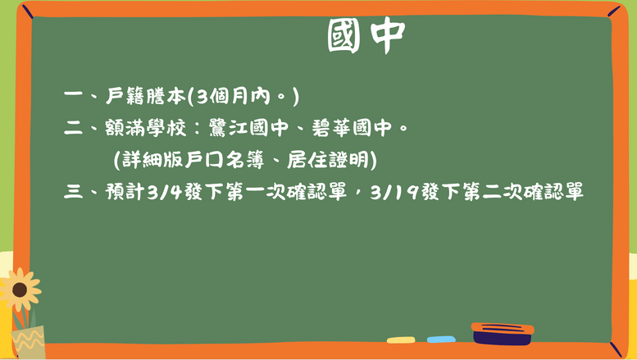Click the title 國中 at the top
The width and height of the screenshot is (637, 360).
pos(366,35)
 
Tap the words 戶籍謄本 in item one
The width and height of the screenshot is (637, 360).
pos(145,96)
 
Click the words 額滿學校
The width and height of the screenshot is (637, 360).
pos(145,128)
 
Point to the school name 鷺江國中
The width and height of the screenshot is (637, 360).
pos(248,128)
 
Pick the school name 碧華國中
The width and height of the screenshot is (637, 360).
pos(352,128)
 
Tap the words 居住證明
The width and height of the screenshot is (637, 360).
pos(327,160)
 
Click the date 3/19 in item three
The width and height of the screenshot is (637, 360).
pos(394,191)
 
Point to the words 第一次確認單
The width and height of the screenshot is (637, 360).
pos(286,191)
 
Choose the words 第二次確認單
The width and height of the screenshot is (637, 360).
pos(523,191)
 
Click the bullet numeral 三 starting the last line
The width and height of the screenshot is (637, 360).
pos(73,191)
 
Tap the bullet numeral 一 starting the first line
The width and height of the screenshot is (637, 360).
pos(73,94)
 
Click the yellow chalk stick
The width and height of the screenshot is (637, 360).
pos(401,340)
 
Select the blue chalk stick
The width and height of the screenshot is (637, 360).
pos(441,339)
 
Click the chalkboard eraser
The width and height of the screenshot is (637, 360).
pos(503,334)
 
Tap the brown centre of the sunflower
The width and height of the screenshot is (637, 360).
pos(20,289)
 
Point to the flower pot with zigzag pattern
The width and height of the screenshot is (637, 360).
pos(29,341)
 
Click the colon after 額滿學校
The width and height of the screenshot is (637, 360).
pos(198,129)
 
